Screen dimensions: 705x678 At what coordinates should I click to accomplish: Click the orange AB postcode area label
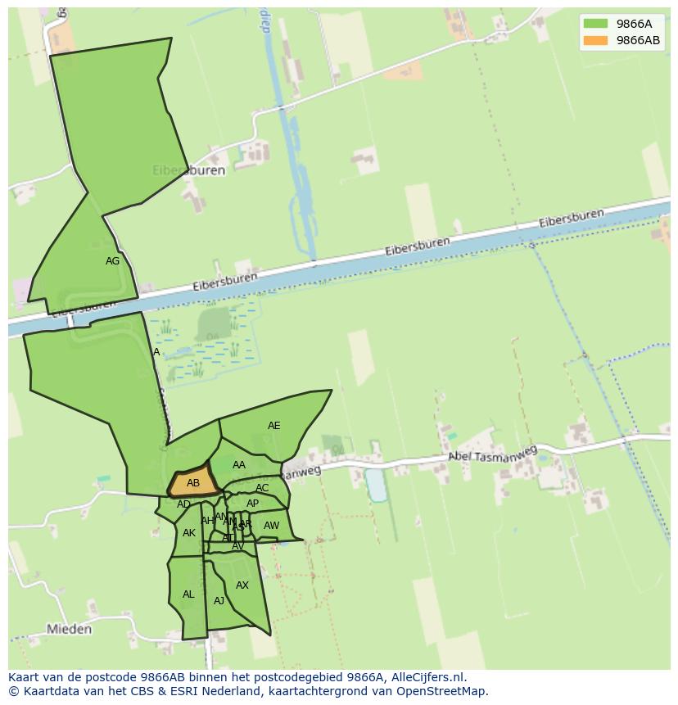point(193,483)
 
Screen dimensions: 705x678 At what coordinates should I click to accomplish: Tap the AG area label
point(113,261)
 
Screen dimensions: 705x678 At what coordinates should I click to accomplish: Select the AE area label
point(273,426)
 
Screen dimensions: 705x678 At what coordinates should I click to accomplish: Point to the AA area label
point(238,465)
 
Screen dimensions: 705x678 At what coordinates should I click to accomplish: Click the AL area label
point(188,594)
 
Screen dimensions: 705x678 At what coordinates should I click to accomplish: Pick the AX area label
point(242,585)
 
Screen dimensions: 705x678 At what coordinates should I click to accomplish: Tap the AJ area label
point(219,601)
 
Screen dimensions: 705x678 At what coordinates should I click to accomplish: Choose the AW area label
point(271,526)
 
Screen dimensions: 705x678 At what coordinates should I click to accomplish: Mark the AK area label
point(189,533)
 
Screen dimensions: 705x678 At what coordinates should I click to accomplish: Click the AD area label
point(183,504)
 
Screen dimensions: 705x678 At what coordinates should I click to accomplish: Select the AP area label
point(252,504)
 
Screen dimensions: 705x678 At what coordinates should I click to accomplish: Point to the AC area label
point(262,488)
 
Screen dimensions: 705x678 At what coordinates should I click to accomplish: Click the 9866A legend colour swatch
point(595,24)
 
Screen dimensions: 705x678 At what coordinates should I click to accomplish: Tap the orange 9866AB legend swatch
point(595,40)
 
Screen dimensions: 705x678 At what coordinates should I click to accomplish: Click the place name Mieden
point(70,630)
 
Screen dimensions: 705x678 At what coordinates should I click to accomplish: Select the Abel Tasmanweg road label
point(492,454)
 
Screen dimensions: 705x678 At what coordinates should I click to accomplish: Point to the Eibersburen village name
point(188,171)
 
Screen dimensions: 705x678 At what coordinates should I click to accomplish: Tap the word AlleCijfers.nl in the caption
point(426,677)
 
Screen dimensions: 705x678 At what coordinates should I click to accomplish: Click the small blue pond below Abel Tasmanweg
point(376,485)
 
